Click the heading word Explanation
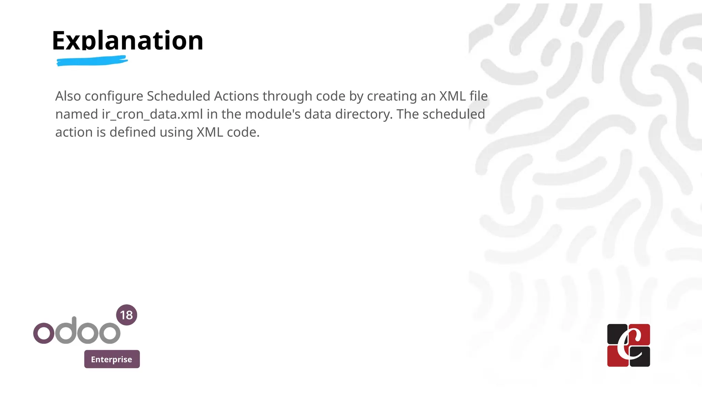point(128,40)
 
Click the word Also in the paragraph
point(68,96)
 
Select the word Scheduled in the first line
point(178,96)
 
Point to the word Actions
point(236,96)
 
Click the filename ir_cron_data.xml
point(152,114)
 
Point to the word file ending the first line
point(479,96)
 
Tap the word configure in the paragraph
point(114,97)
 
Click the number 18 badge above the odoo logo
point(126,315)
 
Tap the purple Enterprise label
point(112,359)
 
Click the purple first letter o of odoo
point(44,333)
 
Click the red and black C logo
point(628,345)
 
